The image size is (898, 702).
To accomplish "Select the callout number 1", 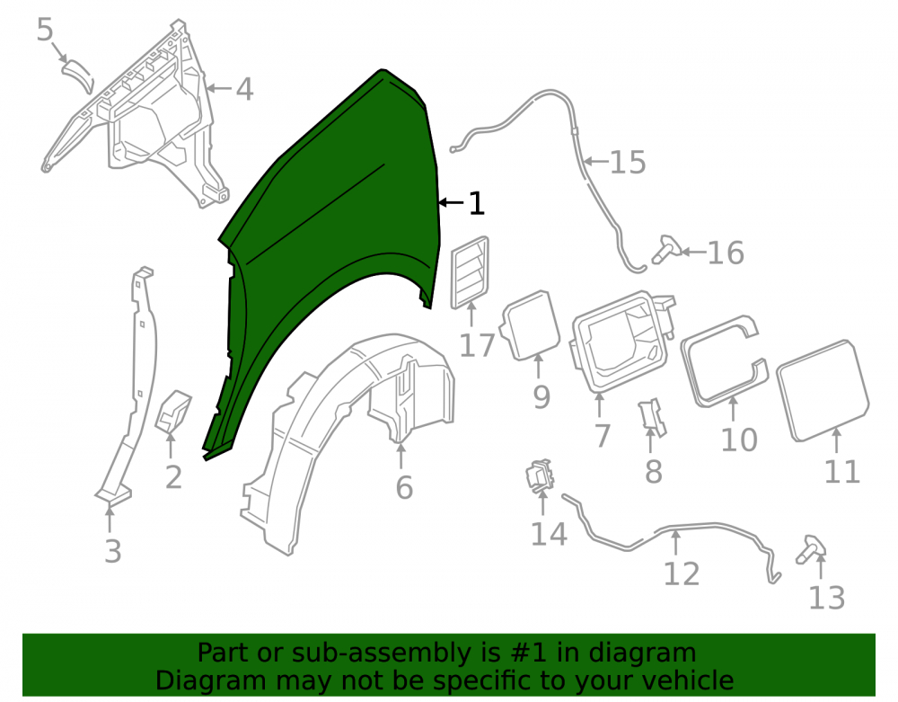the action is click(x=477, y=203).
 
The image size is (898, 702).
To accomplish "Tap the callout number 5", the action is click(x=45, y=30).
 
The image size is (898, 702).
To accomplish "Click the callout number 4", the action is click(x=244, y=89).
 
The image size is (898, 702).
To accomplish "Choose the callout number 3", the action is click(x=113, y=551).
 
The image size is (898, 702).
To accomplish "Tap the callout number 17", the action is click(x=477, y=345).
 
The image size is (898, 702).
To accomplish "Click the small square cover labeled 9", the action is click(x=531, y=324).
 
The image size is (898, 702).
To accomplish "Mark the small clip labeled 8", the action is click(x=652, y=417).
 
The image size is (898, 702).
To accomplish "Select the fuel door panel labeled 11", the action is click(x=823, y=390).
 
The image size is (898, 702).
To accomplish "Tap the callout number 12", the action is click(x=682, y=573).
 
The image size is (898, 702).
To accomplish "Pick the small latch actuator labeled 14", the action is click(x=540, y=475).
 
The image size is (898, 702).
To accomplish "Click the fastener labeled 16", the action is click(x=665, y=249).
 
